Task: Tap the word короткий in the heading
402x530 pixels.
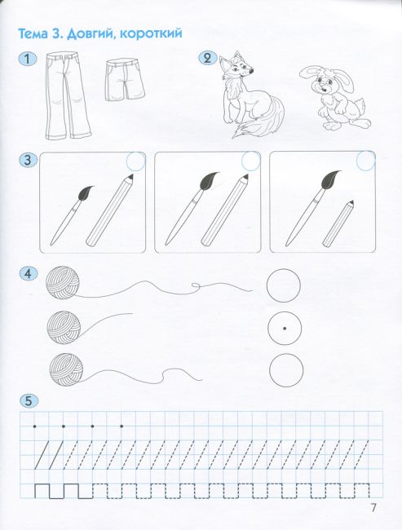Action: click(x=151, y=33)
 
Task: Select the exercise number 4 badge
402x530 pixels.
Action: click(x=29, y=274)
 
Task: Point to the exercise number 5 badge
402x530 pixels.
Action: click(x=29, y=401)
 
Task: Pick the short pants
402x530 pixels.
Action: click(x=125, y=81)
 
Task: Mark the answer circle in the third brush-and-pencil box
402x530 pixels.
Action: click(x=366, y=161)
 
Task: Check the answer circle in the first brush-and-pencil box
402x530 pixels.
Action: click(x=135, y=161)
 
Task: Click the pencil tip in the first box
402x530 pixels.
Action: click(x=130, y=176)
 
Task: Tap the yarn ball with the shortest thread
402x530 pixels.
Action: click(x=64, y=328)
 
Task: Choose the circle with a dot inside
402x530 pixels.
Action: click(x=285, y=328)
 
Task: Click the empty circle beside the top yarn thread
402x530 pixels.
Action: click(x=283, y=285)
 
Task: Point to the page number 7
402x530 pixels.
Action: click(x=373, y=507)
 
